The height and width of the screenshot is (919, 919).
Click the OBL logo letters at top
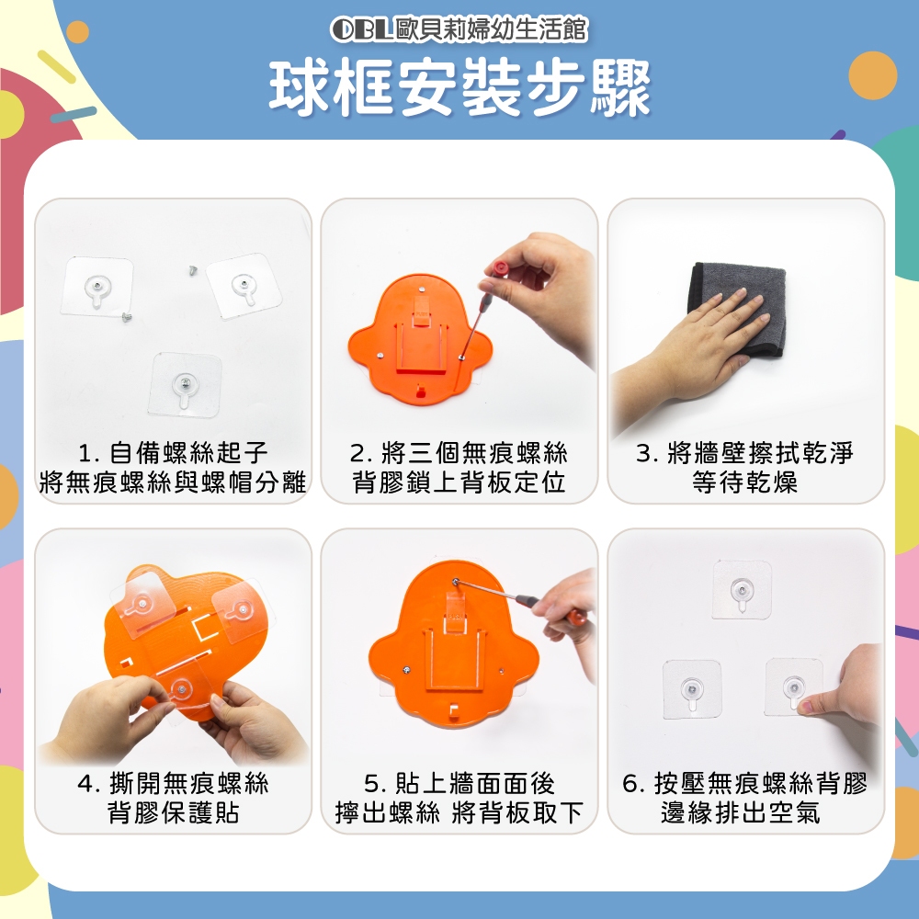361,29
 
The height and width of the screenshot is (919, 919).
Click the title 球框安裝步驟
460,88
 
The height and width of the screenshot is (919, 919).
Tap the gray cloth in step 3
740,308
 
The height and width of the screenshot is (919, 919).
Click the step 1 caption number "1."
88,453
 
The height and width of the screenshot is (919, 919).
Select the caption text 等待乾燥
745,482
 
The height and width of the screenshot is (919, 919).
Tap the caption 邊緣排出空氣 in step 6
740,812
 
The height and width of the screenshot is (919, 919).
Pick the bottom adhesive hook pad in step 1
186,384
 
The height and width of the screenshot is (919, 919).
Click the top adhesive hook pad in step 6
742,590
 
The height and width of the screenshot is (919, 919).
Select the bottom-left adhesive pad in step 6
692,689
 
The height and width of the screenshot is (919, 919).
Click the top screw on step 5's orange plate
456,582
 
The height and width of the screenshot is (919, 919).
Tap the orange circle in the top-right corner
873,75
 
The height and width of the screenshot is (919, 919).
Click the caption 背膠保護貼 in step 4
174,812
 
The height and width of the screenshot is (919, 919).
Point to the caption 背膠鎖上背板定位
459,482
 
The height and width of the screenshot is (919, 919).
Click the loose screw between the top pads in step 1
193,270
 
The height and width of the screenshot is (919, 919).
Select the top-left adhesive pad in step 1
97,286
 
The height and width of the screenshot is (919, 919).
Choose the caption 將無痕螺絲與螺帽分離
173,482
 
